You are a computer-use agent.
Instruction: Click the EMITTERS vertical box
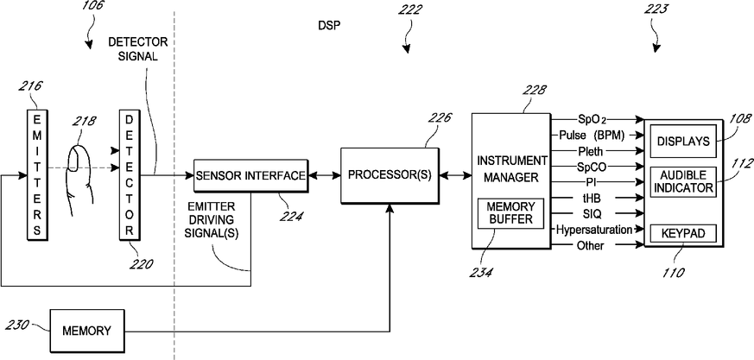click(x=37, y=174)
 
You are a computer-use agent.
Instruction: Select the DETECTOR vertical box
click(x=129, y=174)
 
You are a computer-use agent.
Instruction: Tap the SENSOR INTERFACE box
click(x=251, y=175)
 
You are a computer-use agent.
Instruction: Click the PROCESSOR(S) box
click(x=390, y=175)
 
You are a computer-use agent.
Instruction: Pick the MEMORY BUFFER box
click(x=510, y=213)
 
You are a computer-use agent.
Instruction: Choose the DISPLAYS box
click(x=683, y=141)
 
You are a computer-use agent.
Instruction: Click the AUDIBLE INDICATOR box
click(x=683, y=181)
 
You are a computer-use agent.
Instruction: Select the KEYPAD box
click(x=683, y=234)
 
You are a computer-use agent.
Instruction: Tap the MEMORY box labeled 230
click(x=87, y=332)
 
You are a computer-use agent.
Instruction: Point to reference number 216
click(x=30, y=86)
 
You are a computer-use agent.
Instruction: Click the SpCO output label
click(x=591, y=167)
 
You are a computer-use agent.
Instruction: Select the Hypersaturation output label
click(x=594, y=230)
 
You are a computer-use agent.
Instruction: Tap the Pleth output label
click(x=591, y=151)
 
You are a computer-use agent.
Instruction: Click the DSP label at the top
click(x=329, y=26)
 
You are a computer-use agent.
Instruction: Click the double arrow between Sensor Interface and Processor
click(x=325, y=176)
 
